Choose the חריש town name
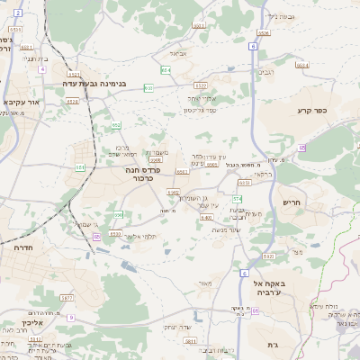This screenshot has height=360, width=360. point(293,202)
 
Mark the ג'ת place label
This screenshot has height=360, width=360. point(273,345)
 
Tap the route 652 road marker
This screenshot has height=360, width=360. point(116,125)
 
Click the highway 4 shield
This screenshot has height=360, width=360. point(42,68)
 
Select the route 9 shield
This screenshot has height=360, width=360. point(71,318)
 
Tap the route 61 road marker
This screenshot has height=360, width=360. point(255,310)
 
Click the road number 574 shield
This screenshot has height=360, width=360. point(237,198)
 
